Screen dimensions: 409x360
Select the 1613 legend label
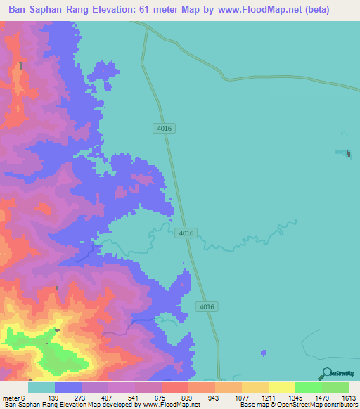coord(349,398)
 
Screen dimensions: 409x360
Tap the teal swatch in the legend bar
coord(41,387)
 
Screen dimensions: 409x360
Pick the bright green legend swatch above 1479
coord(308,387)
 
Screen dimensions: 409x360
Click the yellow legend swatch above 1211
coord(281,387)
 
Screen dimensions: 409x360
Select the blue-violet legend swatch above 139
coord(67,387)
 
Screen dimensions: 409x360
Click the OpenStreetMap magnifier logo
coord(325,374)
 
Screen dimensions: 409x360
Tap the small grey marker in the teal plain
coord(349,153)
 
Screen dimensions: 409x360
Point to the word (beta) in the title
coord(313,11)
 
